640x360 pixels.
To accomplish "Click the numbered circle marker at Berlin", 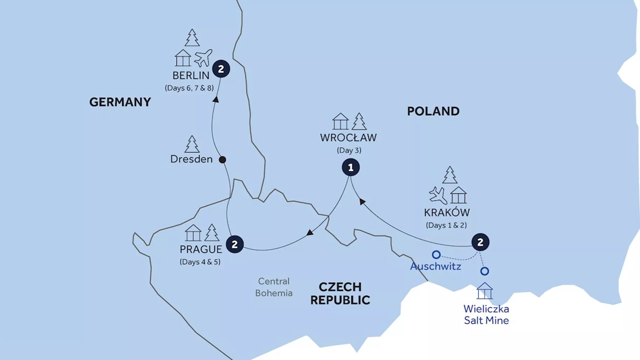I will click(x=221, y=69).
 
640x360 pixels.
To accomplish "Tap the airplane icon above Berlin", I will click(x=203, y=58).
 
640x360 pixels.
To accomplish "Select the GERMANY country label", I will click(x=120, y=102).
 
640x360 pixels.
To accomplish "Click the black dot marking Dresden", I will click(x=222, y=160).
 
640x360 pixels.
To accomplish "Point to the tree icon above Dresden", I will click(x=192, y=144).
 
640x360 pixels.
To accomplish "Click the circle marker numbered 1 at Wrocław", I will click(x=351, y=167).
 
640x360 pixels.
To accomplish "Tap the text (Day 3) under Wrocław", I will click(x=349, y=150).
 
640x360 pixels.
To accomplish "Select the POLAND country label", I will click(x=433, y=111).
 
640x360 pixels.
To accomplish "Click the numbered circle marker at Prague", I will click(x=234, y=244).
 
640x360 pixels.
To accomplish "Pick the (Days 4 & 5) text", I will click(x=200, y=262).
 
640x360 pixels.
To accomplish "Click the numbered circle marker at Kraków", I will click(x=480, y=242).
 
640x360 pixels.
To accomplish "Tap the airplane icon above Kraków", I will click(x=438, y=195).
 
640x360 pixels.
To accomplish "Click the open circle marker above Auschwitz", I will click(x=436, y=254).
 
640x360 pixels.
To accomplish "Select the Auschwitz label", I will click(x=435, y=266).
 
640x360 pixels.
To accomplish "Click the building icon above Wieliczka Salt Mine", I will click(x=485, y=291).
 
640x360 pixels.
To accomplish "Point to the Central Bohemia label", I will click(x=274, y=287).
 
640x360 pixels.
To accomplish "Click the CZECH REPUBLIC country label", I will click(x=340, y=293).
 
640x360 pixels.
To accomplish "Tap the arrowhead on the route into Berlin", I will click(x=216, y=100).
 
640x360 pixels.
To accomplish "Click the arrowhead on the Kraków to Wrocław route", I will click(x=362, y=201).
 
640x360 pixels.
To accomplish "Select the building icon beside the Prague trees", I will click(x=193, y=233).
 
